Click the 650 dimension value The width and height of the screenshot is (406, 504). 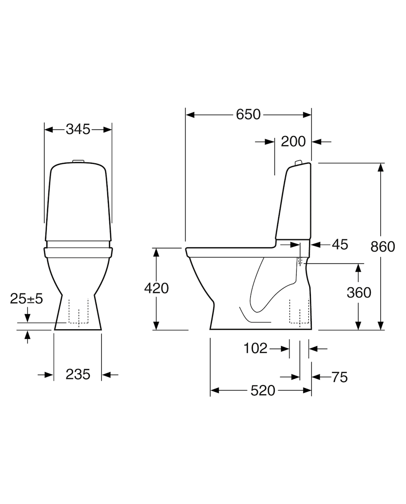[x=248, y=115]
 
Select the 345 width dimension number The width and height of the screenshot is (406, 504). [x=78, y=129]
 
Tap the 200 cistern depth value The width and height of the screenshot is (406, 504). [x=293, y=142]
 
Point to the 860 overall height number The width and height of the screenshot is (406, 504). [x=383, y=247]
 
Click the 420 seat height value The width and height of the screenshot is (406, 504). [x=156, y=288]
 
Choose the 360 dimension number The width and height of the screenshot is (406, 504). [x=359, y=292]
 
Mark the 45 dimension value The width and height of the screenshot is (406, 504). [x=340, y=245]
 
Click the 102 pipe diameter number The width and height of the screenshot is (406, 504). [x=255, y=348]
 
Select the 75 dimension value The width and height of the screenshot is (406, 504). [x=340, y=377]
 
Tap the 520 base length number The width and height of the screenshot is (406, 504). [x=263, y=391]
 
